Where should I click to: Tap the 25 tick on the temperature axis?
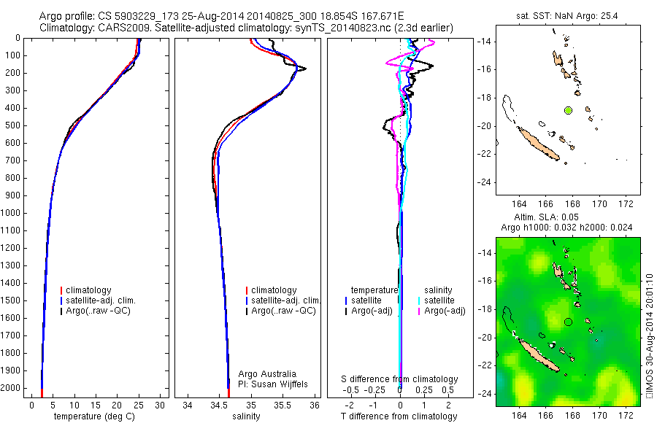click(x=139, y=404)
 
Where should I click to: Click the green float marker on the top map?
click(x=568, y=110)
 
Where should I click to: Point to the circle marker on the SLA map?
click(x=568, y=322)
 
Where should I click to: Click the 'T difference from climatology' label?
click(x=399, y=416)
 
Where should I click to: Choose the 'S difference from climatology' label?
click(x=400, y=379)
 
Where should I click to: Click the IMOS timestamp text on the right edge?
click(x=649, y=335)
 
